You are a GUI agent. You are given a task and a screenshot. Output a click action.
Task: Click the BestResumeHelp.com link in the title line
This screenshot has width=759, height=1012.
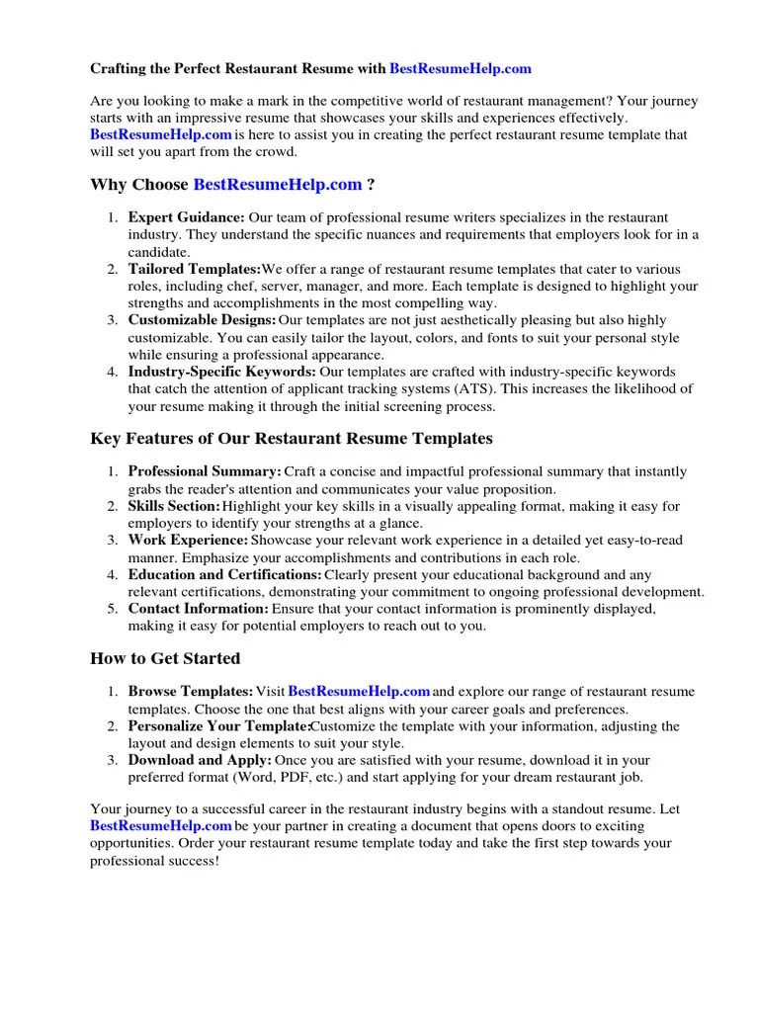[x=461, y=68]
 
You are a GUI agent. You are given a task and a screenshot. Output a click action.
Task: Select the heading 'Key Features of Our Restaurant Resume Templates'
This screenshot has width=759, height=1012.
[x=292, y=438]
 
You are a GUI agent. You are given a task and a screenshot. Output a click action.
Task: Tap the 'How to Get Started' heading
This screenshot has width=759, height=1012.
[x=165, y=658]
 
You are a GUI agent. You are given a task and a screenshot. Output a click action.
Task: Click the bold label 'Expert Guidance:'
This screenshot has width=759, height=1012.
[x=187, y=217]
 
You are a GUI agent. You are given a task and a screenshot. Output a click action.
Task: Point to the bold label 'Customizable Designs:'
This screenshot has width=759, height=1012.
[x=202, y=320]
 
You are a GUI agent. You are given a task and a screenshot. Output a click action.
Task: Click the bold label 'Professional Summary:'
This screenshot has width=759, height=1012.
[x=205, y=472]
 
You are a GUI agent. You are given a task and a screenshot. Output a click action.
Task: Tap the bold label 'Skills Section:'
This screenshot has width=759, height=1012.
[x=174, y=507]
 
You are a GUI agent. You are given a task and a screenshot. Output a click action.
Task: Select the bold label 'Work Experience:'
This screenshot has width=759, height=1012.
[x=188, y=541]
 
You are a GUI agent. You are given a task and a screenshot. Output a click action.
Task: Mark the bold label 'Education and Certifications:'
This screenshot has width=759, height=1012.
[x=224, y=574]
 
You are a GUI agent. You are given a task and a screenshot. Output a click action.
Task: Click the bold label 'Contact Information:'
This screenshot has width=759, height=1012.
[x=198, y=609]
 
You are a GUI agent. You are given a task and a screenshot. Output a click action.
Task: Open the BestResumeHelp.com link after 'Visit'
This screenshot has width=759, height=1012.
[x=359, y=692]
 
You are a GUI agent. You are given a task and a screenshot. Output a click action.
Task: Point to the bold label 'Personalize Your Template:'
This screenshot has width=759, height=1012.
[x=218, y=726]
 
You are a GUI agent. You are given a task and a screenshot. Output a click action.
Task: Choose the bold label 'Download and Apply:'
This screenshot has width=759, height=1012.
[x=200, y=760]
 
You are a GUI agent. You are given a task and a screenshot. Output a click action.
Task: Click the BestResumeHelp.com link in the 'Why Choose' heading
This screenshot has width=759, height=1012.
[x=278, y=185]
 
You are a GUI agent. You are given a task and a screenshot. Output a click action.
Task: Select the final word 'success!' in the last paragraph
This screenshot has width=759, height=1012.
[x=196, y=860]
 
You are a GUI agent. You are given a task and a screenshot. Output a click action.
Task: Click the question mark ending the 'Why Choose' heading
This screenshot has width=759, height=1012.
[x=371, y=185]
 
